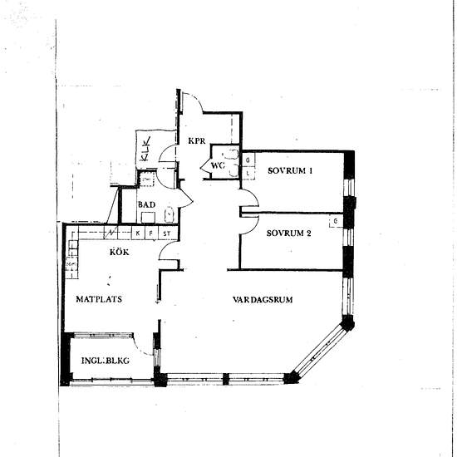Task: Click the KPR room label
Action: (x=196, y=140)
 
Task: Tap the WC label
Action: (x=218, y=165)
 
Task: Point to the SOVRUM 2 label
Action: (x=289, y=233)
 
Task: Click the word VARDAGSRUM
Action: (x=266, y=299)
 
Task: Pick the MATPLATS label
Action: (x=100, y=299)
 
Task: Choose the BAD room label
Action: (x=146, y=204)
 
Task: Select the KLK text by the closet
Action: (x=145, y=151)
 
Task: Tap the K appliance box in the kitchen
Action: (x=138, y=233)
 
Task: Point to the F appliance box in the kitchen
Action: (x=150, y=233)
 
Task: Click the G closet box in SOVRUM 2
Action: (x=334, y=222)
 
